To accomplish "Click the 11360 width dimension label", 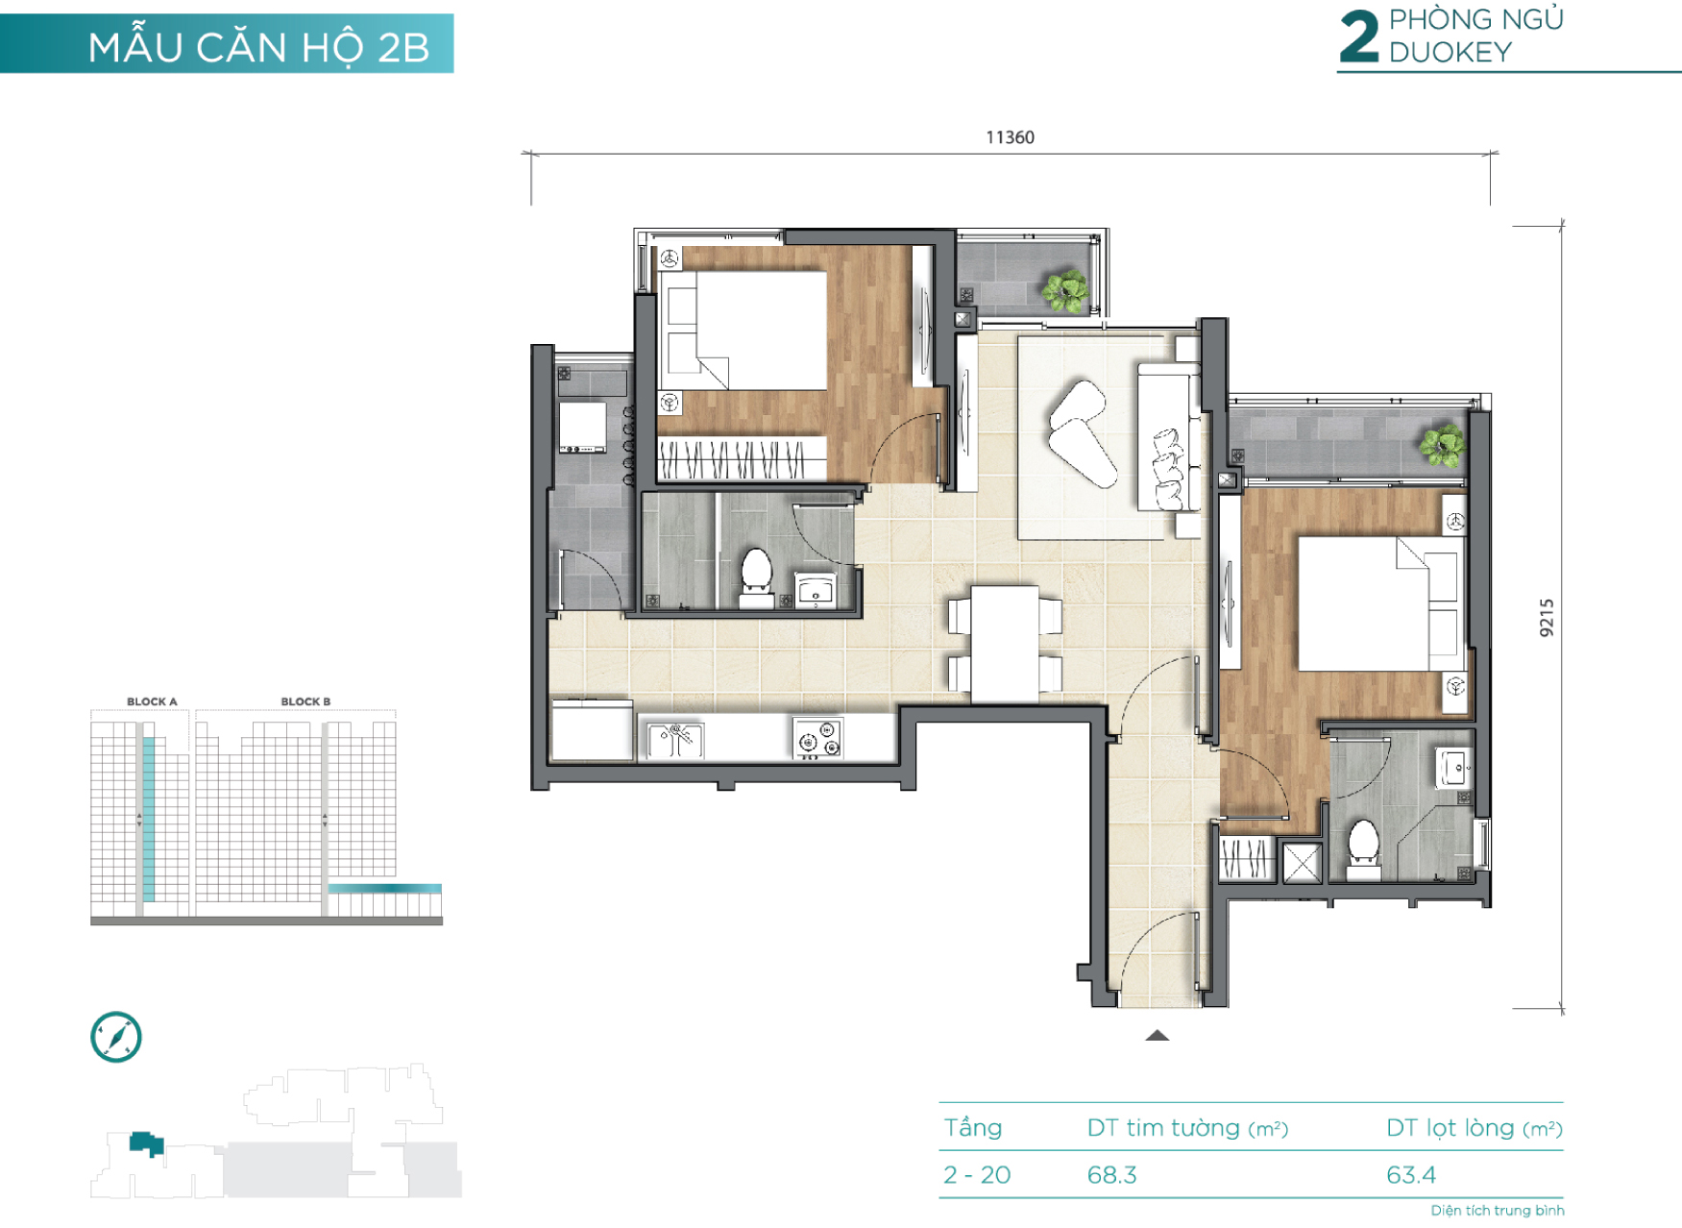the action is (x=1010, y=137).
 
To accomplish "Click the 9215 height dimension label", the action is (x=1546, y=618).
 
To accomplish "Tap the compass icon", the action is (x=116, y=1037).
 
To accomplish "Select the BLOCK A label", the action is (x=152, y=701).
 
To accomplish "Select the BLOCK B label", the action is (x=305, y=701).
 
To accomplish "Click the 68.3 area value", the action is (x=1111, y=1174).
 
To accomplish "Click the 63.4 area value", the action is (x=1410, y=1174).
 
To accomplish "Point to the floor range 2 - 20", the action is (x=977, y=1174).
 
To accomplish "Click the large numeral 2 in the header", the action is (x=1359, y=37).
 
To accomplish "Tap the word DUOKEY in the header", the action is (x=1450, y=52).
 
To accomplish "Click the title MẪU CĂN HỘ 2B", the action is (x=258, y=47).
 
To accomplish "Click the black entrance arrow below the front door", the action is (x=1157, y=1036).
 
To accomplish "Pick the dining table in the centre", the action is (x=1004, y=643).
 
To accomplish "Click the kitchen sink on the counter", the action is (x=675, y=739).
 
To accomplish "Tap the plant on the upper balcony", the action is (x=1065, y=289).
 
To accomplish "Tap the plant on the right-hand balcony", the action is (x=1443, y=445).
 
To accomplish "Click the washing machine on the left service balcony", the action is (x=583, y=428).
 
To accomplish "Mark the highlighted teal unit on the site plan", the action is (x=146, y=1143).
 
